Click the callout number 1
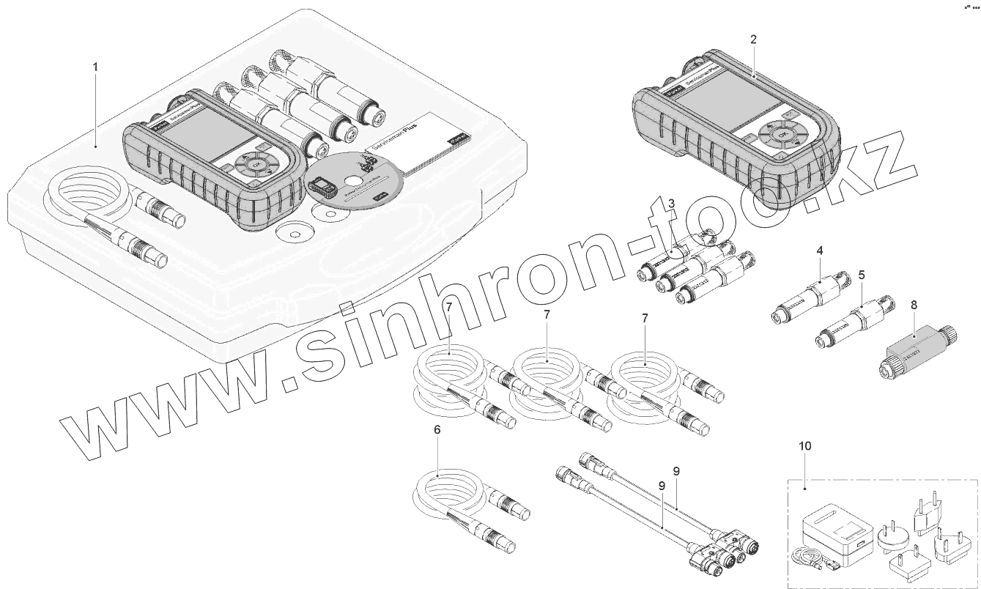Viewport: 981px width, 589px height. pyautogui.click(x=95, y=67)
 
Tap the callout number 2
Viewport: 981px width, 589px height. pyautogui.click(x=753, y=39)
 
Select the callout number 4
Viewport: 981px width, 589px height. pyautogui.click(x=820, y=251)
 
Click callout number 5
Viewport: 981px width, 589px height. pyautogui.click(x=862, y=275)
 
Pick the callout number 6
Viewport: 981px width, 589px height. pyautogui.click(x=437, y=430)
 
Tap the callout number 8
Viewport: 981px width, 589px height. pyautogui.click(x=912, y=304)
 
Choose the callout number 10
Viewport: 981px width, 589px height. pyautogui.click(x=805, y=445)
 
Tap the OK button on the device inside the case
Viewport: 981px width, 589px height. pyautogui.click(x=256, y=166)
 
